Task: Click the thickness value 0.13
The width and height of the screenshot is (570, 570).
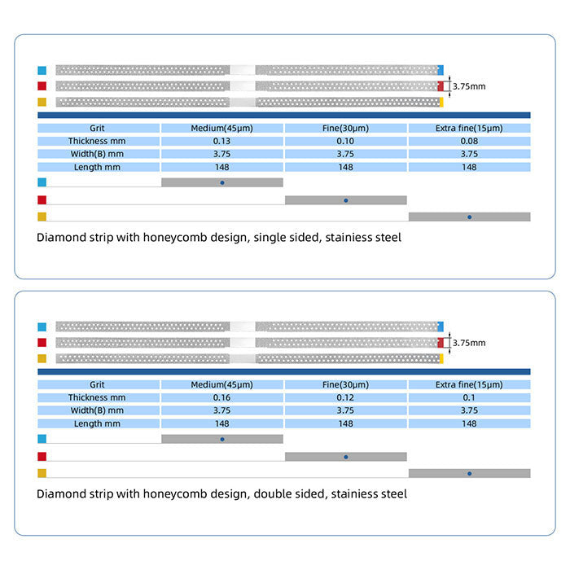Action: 222,141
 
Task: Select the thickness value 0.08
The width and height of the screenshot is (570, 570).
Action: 469,141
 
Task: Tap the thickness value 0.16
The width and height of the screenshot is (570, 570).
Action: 222,397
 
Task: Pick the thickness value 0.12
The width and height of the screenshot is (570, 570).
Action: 346,397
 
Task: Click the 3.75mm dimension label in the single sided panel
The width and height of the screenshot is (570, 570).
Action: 469,85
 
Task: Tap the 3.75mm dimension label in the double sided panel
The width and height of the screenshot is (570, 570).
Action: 469,343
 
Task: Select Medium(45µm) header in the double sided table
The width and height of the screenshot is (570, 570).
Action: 222,384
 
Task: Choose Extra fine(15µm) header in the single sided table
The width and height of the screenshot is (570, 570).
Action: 469,128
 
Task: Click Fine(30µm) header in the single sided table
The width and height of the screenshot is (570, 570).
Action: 346,128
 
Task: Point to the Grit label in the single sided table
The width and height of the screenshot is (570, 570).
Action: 98,128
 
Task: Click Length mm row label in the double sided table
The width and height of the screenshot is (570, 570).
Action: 98,423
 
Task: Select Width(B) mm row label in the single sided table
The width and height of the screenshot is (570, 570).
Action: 98,154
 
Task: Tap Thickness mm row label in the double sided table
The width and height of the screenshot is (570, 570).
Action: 98,397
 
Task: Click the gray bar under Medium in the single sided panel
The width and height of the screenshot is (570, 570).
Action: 195,182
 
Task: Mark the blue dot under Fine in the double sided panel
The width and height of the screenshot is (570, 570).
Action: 346,456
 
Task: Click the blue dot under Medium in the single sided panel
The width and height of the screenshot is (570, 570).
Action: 222,182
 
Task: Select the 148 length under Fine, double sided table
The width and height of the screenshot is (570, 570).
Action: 346,423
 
